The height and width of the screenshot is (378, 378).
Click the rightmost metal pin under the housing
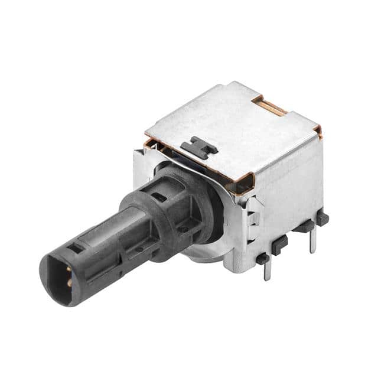coord(312,239)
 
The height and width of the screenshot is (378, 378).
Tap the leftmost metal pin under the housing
coord(267,269)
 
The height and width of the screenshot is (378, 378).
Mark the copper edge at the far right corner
coord(317,131)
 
